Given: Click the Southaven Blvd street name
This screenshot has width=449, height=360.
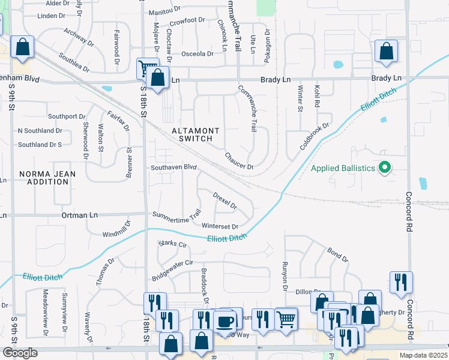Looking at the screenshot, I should point(174,167).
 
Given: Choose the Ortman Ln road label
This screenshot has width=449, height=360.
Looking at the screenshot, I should point(79,215).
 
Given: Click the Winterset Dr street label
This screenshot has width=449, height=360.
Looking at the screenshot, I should point(220,226).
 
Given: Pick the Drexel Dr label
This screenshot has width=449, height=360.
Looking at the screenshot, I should point(225,200).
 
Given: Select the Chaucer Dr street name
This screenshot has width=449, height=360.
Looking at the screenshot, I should point(240,160).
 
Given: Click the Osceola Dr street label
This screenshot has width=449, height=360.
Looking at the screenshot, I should point(197,54).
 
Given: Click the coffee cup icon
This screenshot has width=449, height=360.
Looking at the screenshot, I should point(225,321).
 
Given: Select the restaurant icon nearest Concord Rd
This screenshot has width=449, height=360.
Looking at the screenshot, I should point(400,281).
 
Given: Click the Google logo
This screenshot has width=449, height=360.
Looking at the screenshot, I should point(20,353).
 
